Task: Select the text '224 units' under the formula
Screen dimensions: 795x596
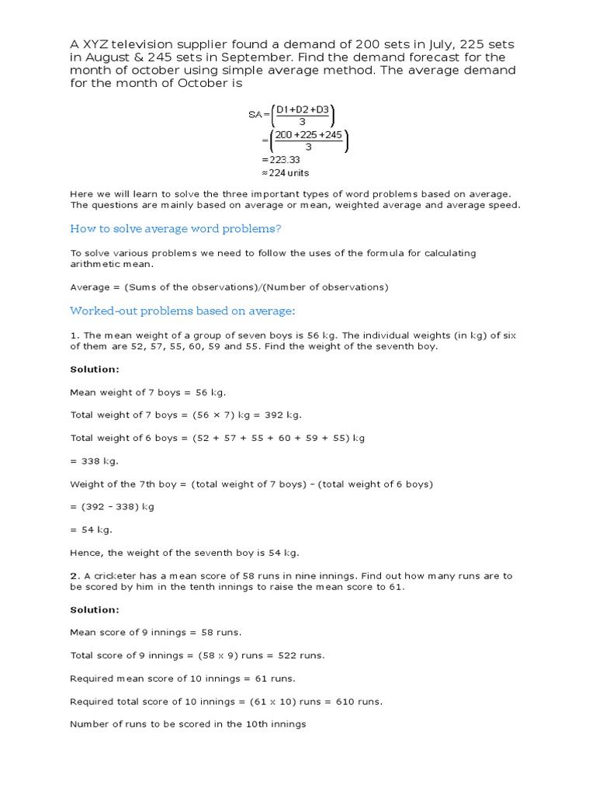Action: [288, 173]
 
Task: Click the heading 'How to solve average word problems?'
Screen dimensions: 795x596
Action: [175, 228]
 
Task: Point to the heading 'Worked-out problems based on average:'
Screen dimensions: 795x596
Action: [182, 311]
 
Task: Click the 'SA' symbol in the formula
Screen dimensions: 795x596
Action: [256, 115]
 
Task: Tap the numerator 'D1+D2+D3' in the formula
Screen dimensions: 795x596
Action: [303, 109]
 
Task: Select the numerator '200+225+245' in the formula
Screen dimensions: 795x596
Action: [309, 134]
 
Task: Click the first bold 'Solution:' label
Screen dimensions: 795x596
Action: [95, 370]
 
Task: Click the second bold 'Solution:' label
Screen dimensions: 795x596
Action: [95, 609]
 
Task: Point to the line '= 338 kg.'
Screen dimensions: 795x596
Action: [94, 461]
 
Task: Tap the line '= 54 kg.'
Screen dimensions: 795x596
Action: [91, 529]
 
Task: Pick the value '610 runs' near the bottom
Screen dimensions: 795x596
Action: [359, 702]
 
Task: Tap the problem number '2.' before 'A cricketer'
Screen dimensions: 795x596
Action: [74, 576]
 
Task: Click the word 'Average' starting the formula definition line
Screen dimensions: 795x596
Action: [90, 287]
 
